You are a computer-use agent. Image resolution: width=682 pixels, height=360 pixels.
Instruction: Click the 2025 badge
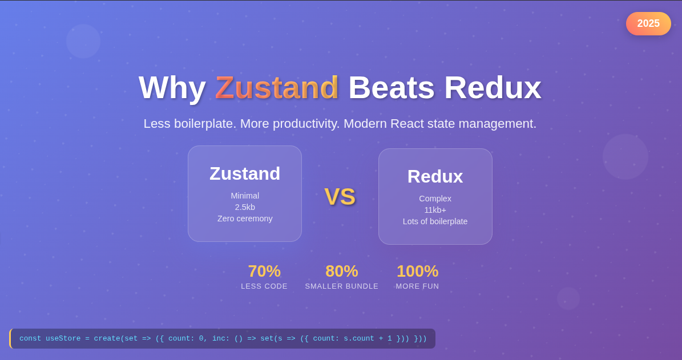coord(648,23)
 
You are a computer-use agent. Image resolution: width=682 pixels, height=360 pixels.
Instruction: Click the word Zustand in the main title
coord(277,87)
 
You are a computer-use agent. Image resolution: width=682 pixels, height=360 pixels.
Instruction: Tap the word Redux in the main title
coord(493,87)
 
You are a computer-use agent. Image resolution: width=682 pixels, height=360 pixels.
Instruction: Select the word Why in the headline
coord(172,87)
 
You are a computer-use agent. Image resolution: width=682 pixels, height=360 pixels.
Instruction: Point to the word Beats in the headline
coord(391,87)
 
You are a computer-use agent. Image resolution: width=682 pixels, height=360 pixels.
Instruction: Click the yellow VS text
coord(340,197)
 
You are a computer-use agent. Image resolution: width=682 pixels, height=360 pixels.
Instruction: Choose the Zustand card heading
coord(245,173)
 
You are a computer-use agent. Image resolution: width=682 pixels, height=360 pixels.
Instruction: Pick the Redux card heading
coord(435,176)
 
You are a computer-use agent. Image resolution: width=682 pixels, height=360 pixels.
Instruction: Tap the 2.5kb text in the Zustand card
coord(245,207)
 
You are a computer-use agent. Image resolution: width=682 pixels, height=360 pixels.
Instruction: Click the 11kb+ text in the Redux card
coord(435,210)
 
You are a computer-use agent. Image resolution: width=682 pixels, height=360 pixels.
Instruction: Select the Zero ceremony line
coord(245,219)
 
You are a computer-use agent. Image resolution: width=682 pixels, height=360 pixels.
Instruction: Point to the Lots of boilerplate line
coord(435,221)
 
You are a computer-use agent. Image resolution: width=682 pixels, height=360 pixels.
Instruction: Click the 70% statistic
coord(264,271)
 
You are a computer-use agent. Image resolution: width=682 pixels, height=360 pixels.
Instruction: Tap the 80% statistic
coord(342,271)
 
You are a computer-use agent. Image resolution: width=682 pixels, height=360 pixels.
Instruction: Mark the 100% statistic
coord(417,271)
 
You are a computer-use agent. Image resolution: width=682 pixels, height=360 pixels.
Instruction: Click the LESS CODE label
coord(264,286)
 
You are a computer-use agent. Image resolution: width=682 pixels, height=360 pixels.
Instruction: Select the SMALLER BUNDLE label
coord(342,286)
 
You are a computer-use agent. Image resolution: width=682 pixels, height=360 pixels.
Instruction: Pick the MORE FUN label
coord(417,286)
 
